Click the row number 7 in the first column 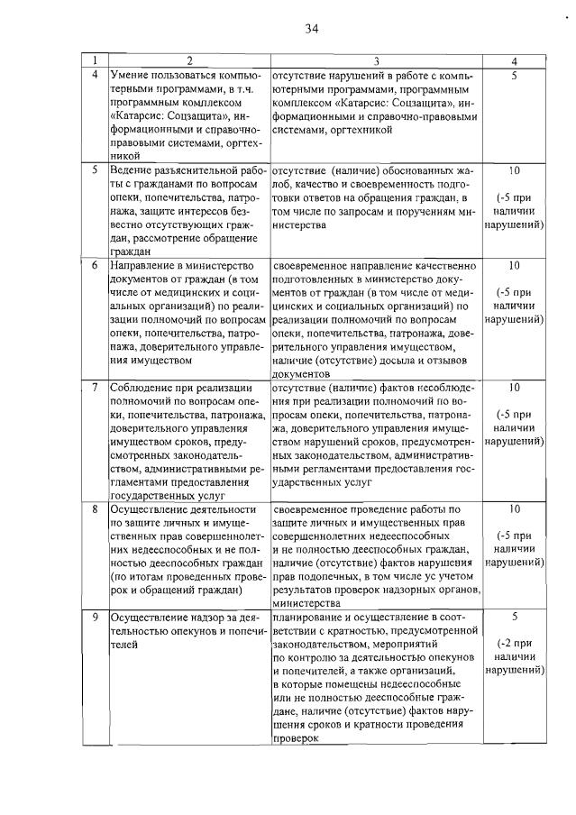click(x=95, y=388)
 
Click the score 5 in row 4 click(x=513, y=75)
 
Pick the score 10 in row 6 click(x=513, y=266)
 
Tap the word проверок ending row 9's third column click(x=297, y=737)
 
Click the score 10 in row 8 click(x=513, y=508)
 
